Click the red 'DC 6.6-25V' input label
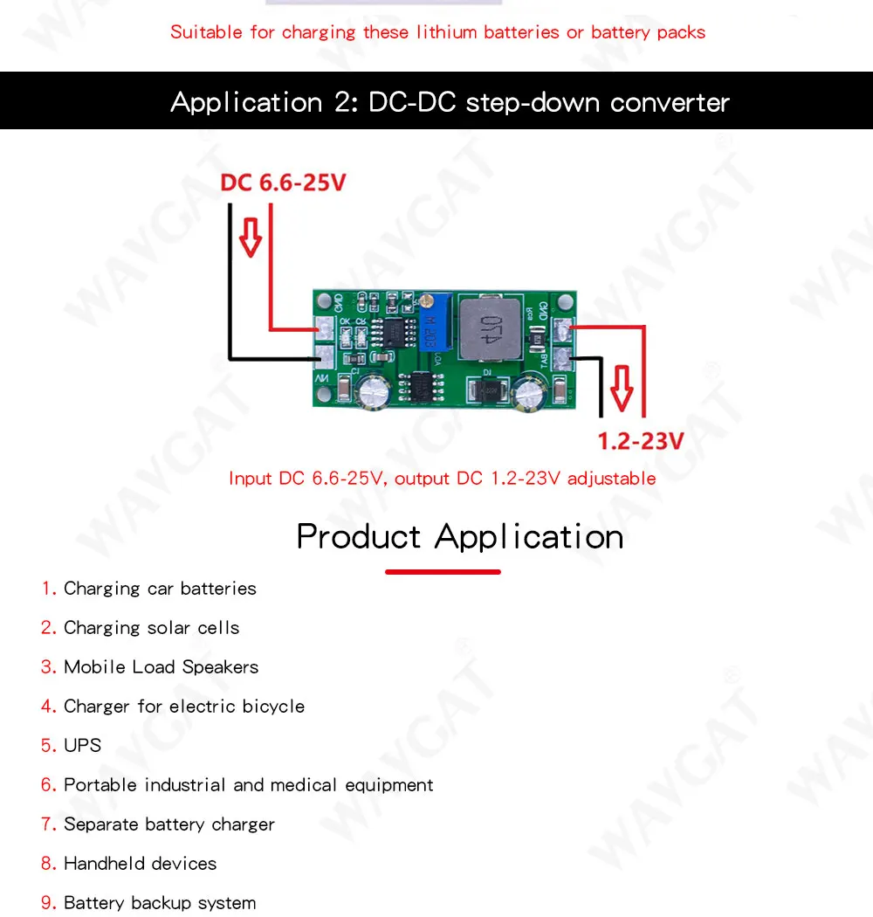click(283, 183)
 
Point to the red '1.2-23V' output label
click(640, 441)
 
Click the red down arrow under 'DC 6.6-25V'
click(251, 236)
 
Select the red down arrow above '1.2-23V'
click(622, 390)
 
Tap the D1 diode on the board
click(485, 387)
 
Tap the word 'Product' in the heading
click(359, 536)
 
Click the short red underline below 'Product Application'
click(443, 572)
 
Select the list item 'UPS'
click(82, 746)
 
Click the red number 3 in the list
click(47, 667)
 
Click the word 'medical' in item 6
click(305, 785)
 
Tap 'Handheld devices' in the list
click(140, 864)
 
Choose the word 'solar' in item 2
click(168, 628)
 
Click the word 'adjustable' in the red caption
click(611, 479)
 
